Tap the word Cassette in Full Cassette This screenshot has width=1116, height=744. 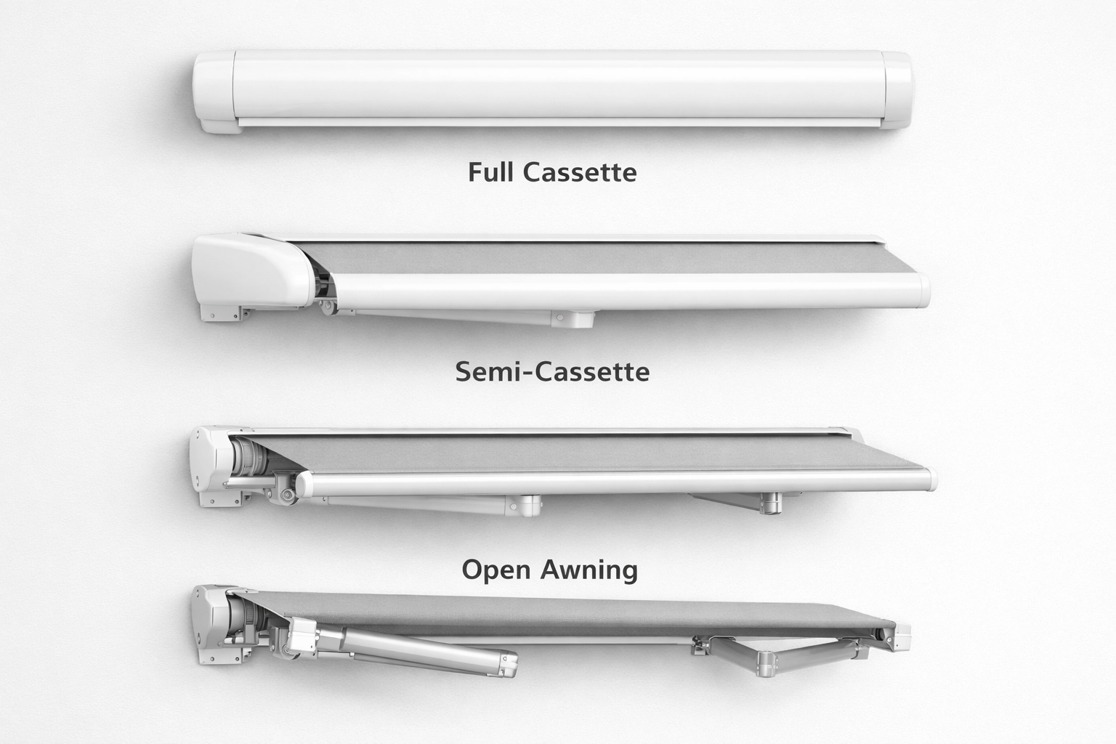[579, 172]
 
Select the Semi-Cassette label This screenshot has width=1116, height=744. [552, 372]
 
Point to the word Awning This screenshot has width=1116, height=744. [589, 570]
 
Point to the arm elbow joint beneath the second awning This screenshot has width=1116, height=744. [573, 318]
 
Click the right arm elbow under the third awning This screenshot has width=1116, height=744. [770, 502]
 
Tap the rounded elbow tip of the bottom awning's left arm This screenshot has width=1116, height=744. [507, 664]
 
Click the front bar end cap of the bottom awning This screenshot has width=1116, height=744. [901, 636]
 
